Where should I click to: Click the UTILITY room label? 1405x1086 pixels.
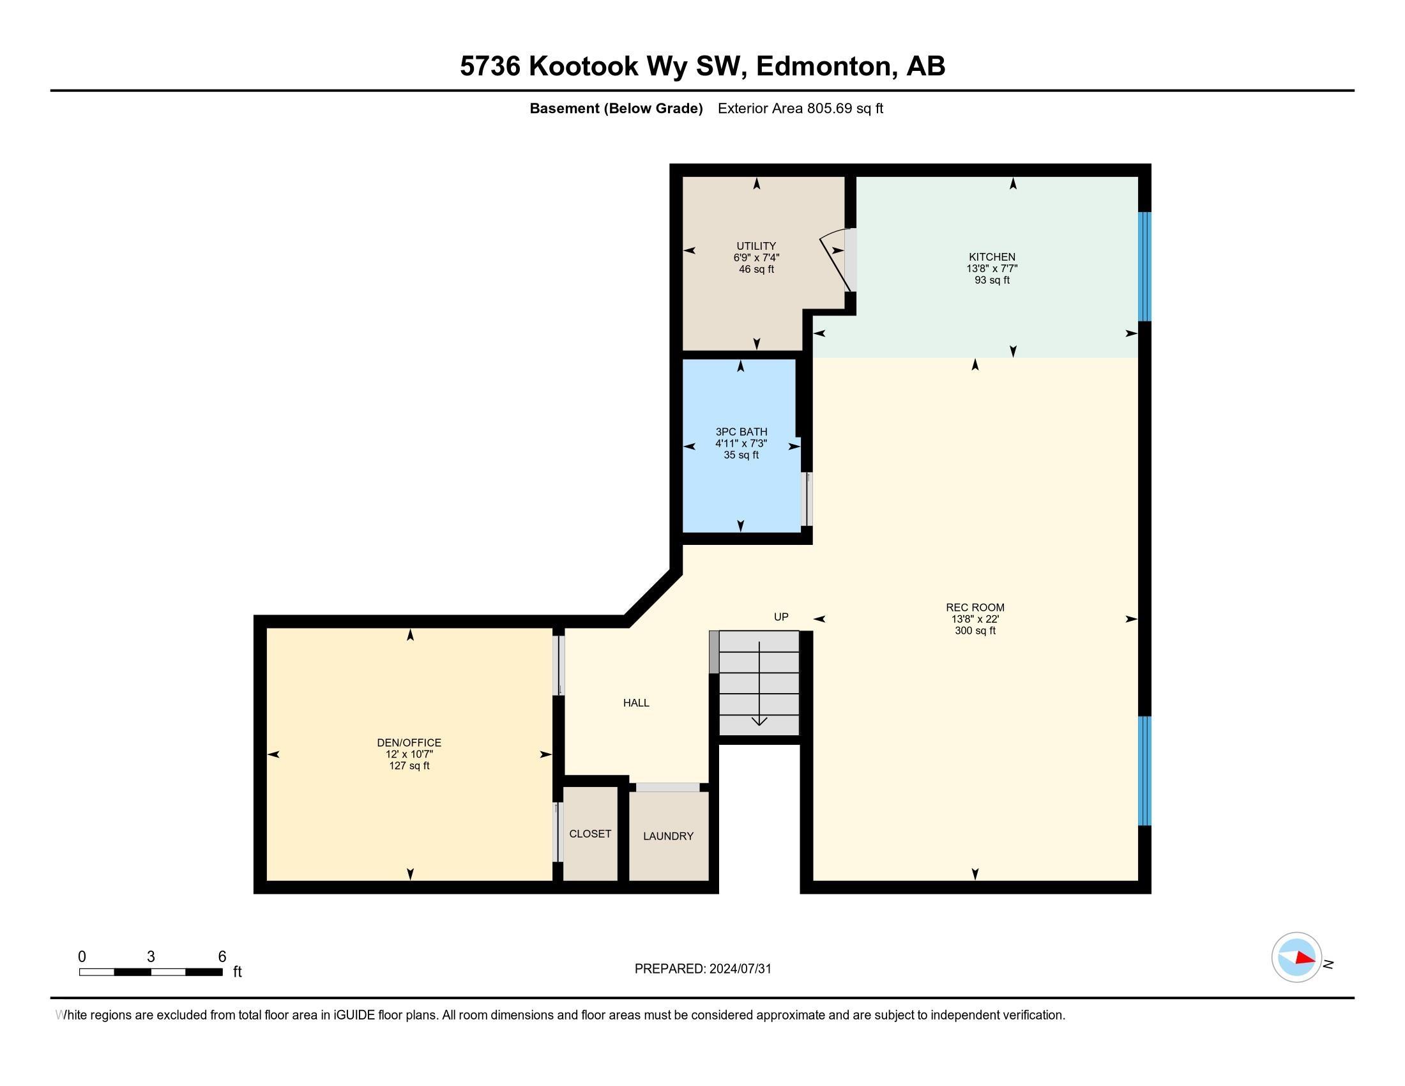pos(756,246)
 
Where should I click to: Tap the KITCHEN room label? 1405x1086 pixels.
pos(992,257)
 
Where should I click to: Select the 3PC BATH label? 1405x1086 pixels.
pos(741,432)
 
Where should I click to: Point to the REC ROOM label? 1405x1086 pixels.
pos(975,608)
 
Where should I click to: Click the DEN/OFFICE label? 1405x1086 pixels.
pos(409,742)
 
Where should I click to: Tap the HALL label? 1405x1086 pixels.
pos(636,703)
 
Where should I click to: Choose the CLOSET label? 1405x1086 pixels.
pos(590,833)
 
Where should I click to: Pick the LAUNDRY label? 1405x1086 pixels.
pos(669,836)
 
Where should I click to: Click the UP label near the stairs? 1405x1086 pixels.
pos(781,616)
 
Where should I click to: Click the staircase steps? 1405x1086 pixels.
pos(759,684)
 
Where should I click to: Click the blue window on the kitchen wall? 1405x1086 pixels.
pos(1144,266)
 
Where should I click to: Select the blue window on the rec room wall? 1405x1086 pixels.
pos(1144,771)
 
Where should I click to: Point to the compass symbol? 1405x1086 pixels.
pos(1296,958)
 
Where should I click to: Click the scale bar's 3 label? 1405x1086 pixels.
pos(151,956)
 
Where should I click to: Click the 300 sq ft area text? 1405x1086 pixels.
pos(975,631)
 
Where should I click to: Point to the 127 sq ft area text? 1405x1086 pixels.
pos(409,765)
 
